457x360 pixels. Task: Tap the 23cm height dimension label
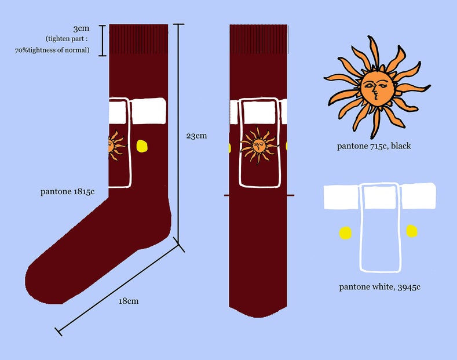click(196, 136)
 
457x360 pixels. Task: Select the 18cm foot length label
click(129, 301)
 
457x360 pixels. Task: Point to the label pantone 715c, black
click(374, 146)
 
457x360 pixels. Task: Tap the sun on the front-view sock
click(258, 146)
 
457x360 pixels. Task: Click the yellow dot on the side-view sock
click(141, 146)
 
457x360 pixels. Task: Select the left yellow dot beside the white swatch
click(345, 233)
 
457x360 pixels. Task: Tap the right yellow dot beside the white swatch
click(412, 231)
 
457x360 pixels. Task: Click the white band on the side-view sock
click(148, 111)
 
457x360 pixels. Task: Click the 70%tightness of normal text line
click(52, 50)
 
